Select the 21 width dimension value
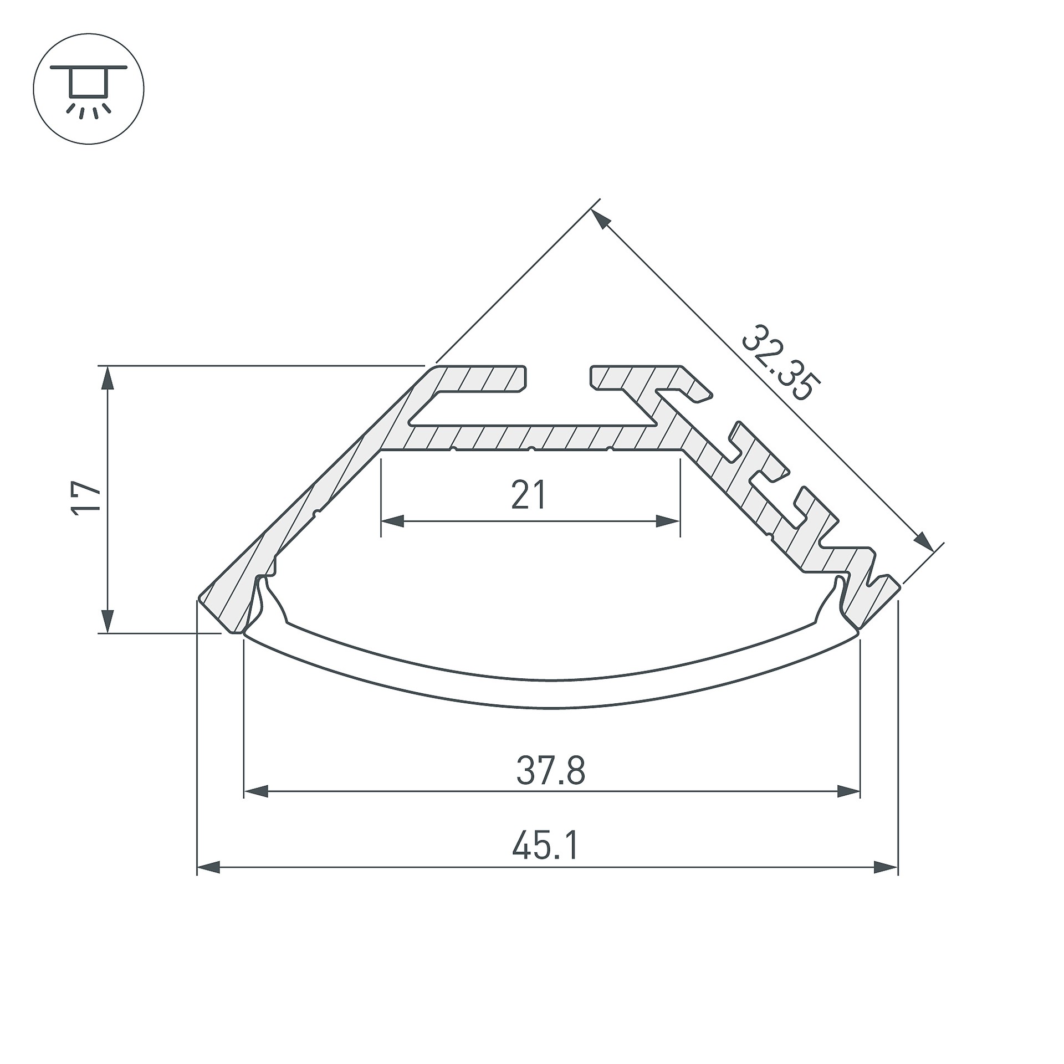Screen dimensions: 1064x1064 click(529, 495)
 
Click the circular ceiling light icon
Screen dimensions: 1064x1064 click(89, 89)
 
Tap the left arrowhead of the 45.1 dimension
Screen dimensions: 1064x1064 click(209, 868)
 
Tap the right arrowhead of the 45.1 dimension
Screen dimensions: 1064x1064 click(886, 868)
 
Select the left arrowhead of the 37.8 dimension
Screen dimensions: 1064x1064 click(256, 791)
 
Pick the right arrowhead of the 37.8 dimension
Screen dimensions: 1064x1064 click(848, 791)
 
